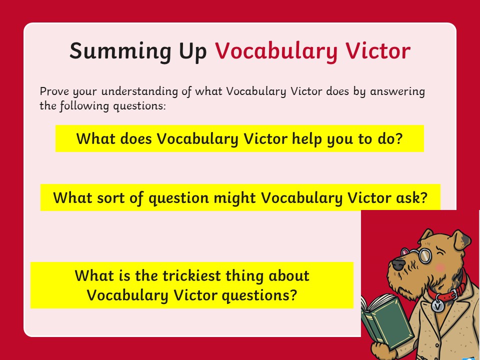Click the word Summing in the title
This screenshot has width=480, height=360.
tap(120, 51)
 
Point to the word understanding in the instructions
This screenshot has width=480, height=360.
tap(139, 91)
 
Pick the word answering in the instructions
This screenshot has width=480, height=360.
tap(397, 91)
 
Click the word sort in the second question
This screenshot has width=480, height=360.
tap(111, 198)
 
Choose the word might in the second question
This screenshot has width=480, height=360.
tap(234, 198)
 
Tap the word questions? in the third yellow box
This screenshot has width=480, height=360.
tap(259, 295)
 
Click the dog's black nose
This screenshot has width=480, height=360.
tap(398, 264)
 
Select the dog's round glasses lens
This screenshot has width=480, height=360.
tap(425, 256)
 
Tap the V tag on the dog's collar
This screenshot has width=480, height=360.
tap(438, 306)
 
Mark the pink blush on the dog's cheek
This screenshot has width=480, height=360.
tap(440, 267)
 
